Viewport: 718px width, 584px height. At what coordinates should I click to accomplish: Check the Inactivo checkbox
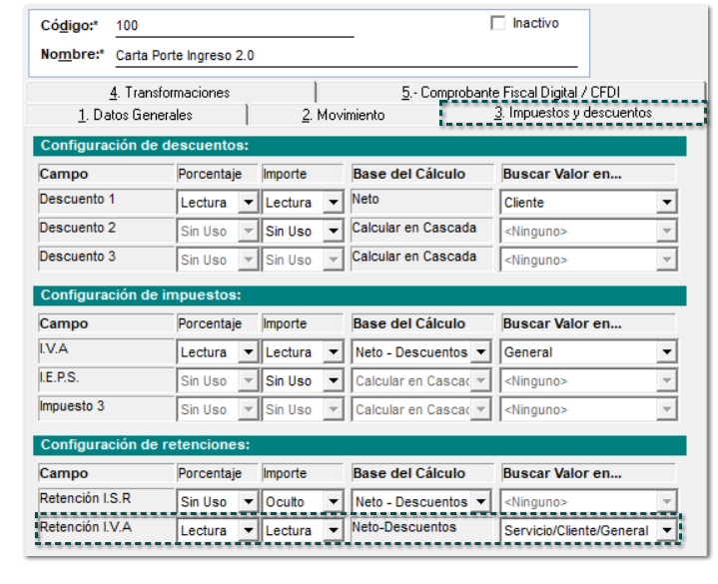pos(498,24)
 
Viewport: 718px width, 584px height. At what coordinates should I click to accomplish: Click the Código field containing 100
pos(234,25)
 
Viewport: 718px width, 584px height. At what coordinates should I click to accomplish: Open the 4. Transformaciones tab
pos(170,93)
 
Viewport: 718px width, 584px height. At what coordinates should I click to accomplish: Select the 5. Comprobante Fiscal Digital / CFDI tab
pos(510,93)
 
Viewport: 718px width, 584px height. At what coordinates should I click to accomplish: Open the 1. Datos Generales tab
pos(135,115)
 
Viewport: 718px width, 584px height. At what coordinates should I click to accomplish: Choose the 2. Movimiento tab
pos(343,115)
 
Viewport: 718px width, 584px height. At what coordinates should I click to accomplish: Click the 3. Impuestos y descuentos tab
pos(572,114)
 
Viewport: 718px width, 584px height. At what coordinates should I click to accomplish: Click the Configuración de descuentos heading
pos(144,146)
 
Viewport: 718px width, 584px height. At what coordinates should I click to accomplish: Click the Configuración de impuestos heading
pos(141,295)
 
